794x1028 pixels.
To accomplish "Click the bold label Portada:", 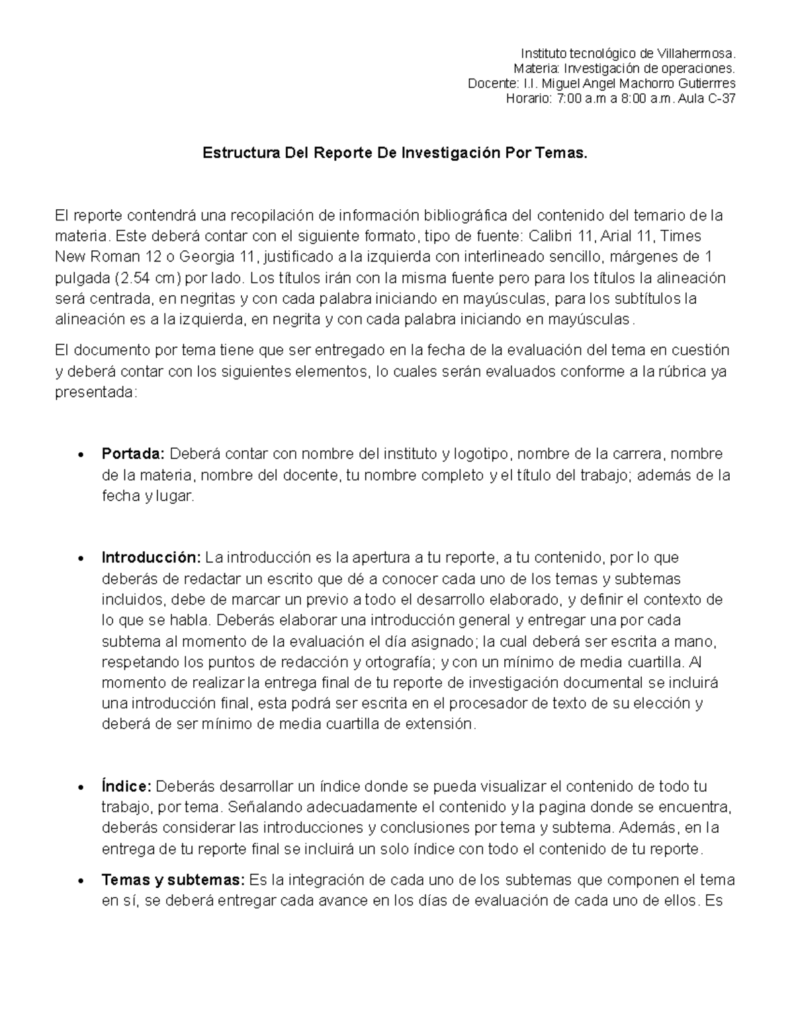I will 133,454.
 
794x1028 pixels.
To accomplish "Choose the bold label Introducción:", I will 151,557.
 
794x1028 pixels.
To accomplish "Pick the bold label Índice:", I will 127,786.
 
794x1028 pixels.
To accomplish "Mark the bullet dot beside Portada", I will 80,455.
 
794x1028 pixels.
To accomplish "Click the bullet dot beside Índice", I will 80,788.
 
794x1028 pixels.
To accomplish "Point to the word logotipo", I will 483,454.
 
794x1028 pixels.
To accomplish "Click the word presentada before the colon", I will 93,393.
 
